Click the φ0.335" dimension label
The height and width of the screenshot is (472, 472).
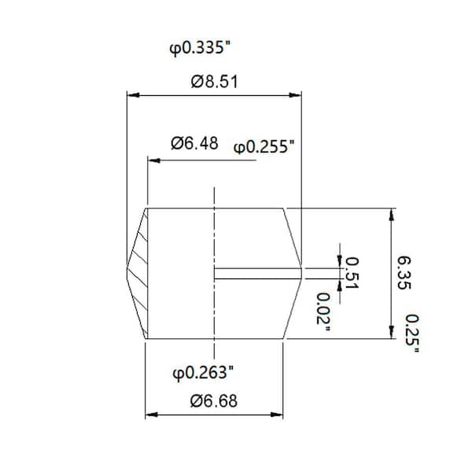click(200, 49)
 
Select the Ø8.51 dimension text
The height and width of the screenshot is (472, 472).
click(214, 81)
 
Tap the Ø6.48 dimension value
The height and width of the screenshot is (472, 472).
click(193, 143)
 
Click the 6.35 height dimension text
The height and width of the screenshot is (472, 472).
click(403, 272)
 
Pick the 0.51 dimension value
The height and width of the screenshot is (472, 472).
click(352, 272)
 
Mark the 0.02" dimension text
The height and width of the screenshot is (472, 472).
click(323, 312)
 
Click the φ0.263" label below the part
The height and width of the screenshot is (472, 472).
click(202, 371)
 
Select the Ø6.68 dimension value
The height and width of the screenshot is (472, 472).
click(214, 400)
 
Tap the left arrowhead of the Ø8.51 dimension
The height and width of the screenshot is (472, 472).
click(132, 95)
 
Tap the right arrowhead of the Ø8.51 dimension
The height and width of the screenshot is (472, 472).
click(297, 95)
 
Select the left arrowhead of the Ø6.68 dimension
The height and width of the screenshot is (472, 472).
click(150, 415)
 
